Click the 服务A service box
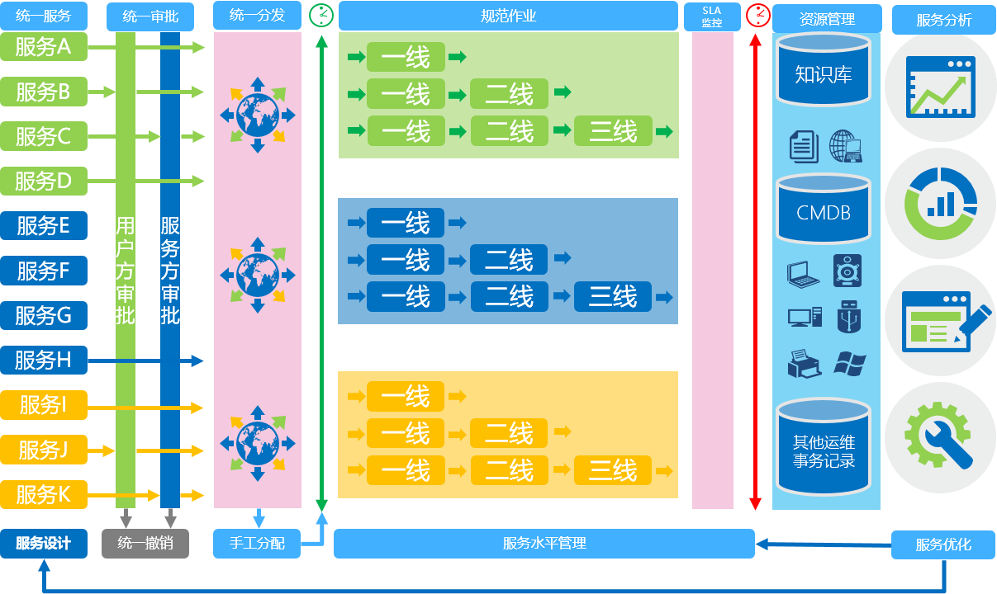tap(43, 47)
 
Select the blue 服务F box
tap(43, 271)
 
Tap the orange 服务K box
tap(43, 494)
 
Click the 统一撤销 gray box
tap(145, 544)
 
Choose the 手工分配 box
tap(256, 544)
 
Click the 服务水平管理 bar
tap(544, 544)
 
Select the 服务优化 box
tap(943, 544)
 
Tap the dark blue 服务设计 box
tap(43, 544)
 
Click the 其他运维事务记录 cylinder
tap(823, 450)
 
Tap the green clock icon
tap(321, 15)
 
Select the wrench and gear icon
tap(939, 433)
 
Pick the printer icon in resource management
tap(804, 364)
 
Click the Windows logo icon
tap(849, 363)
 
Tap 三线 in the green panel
tap(613, 131)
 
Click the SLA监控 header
tap(712, 16)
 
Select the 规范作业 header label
tap(508, 16)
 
